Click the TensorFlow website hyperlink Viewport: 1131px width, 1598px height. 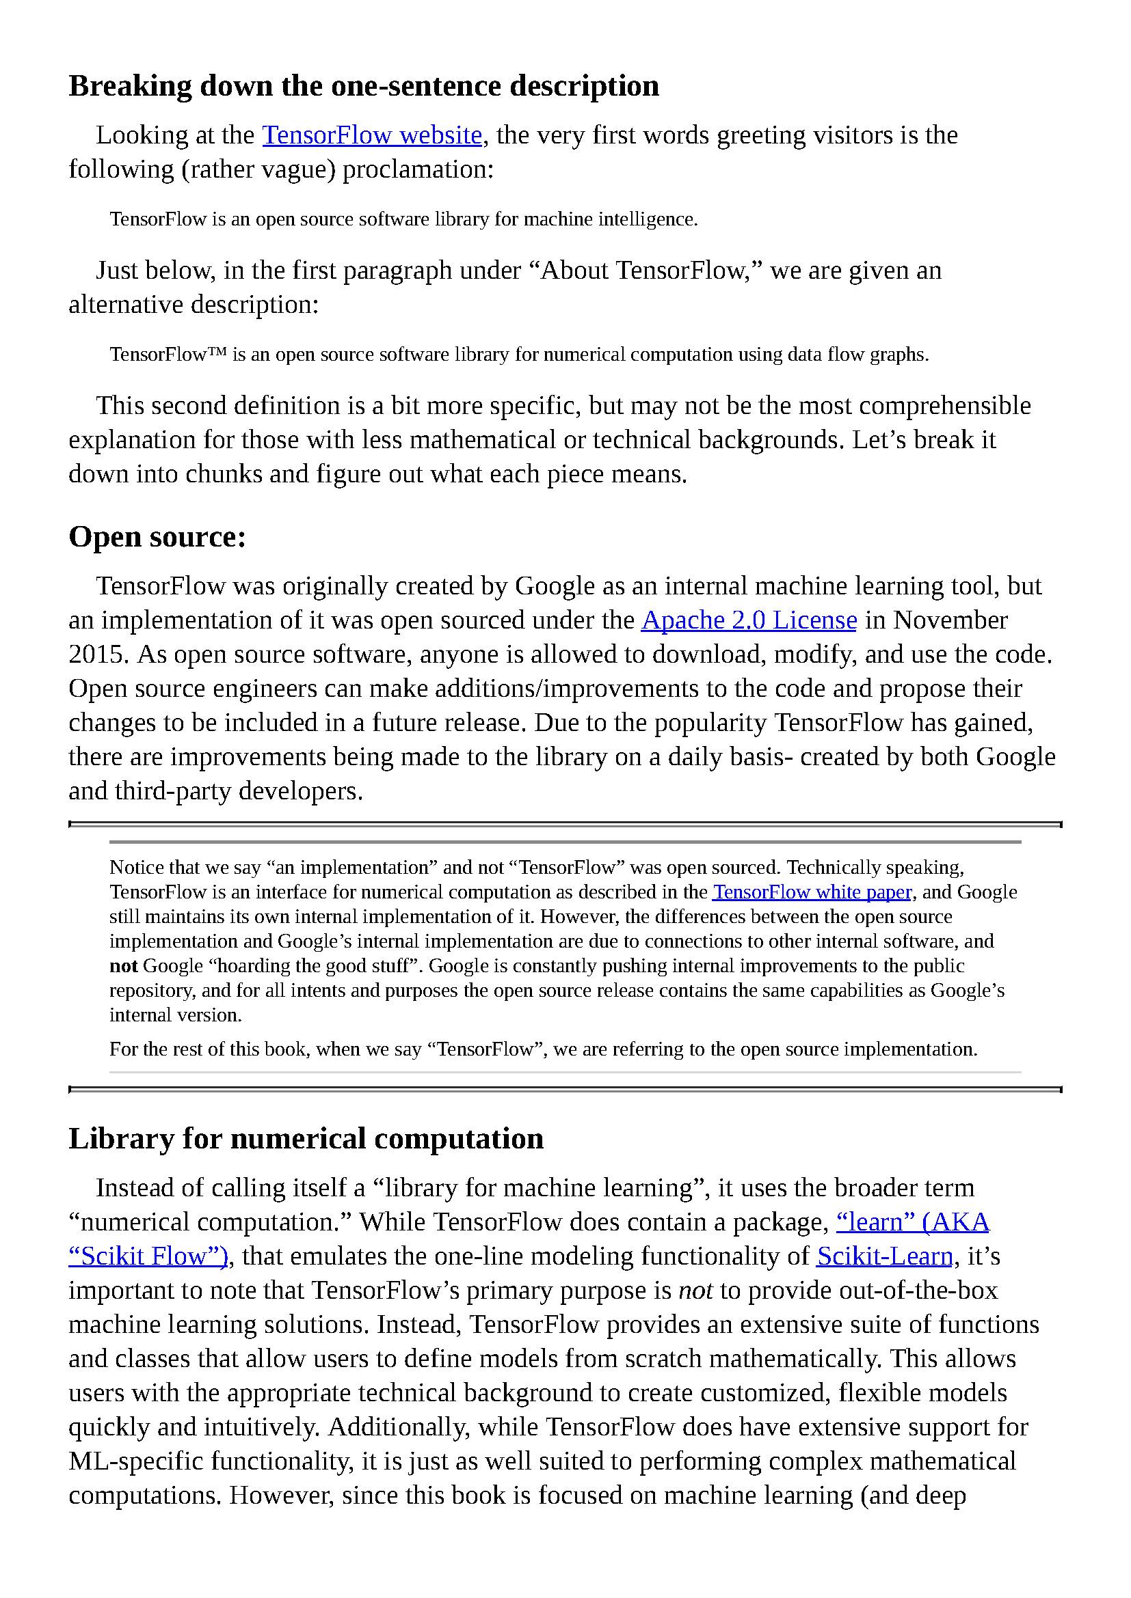click(x=372, y=135)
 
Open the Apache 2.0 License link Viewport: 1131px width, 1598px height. click(x=749, y=620)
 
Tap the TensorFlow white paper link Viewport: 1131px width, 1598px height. click(x=812, y=892)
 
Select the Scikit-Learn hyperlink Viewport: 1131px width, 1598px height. click(x=884, y=1256)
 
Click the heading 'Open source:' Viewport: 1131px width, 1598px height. click(x=157, y=537)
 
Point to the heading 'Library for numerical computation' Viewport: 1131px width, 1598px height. click(x=306, y=1139)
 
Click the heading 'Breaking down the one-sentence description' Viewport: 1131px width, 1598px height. click(x=364, y=86)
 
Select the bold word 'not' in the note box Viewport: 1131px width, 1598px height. click(x=123, y=966)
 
